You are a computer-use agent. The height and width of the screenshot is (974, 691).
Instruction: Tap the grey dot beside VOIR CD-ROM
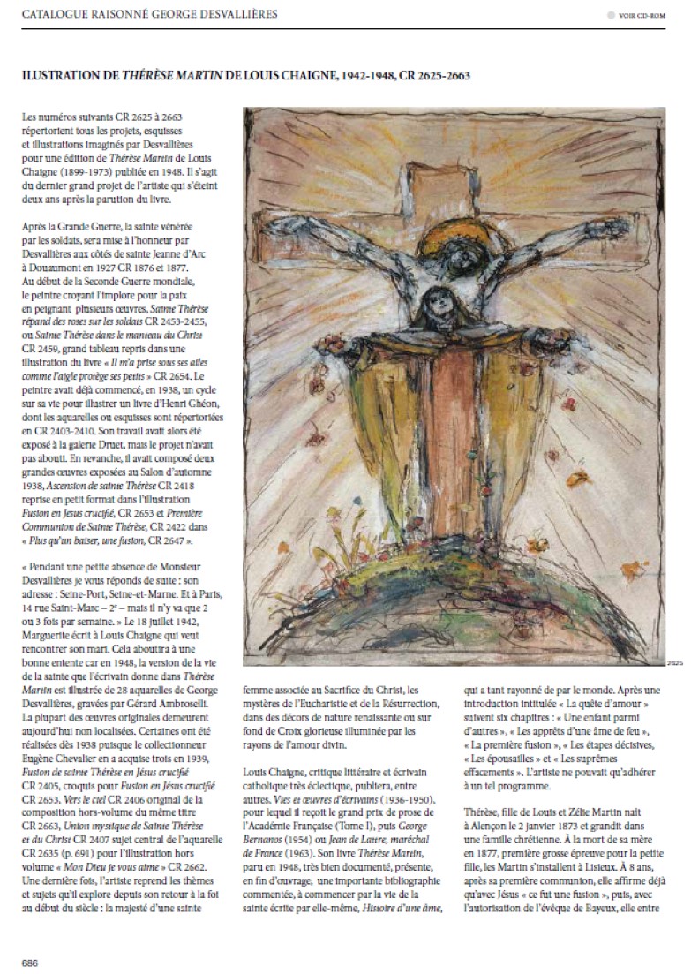[x=611, y=15]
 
